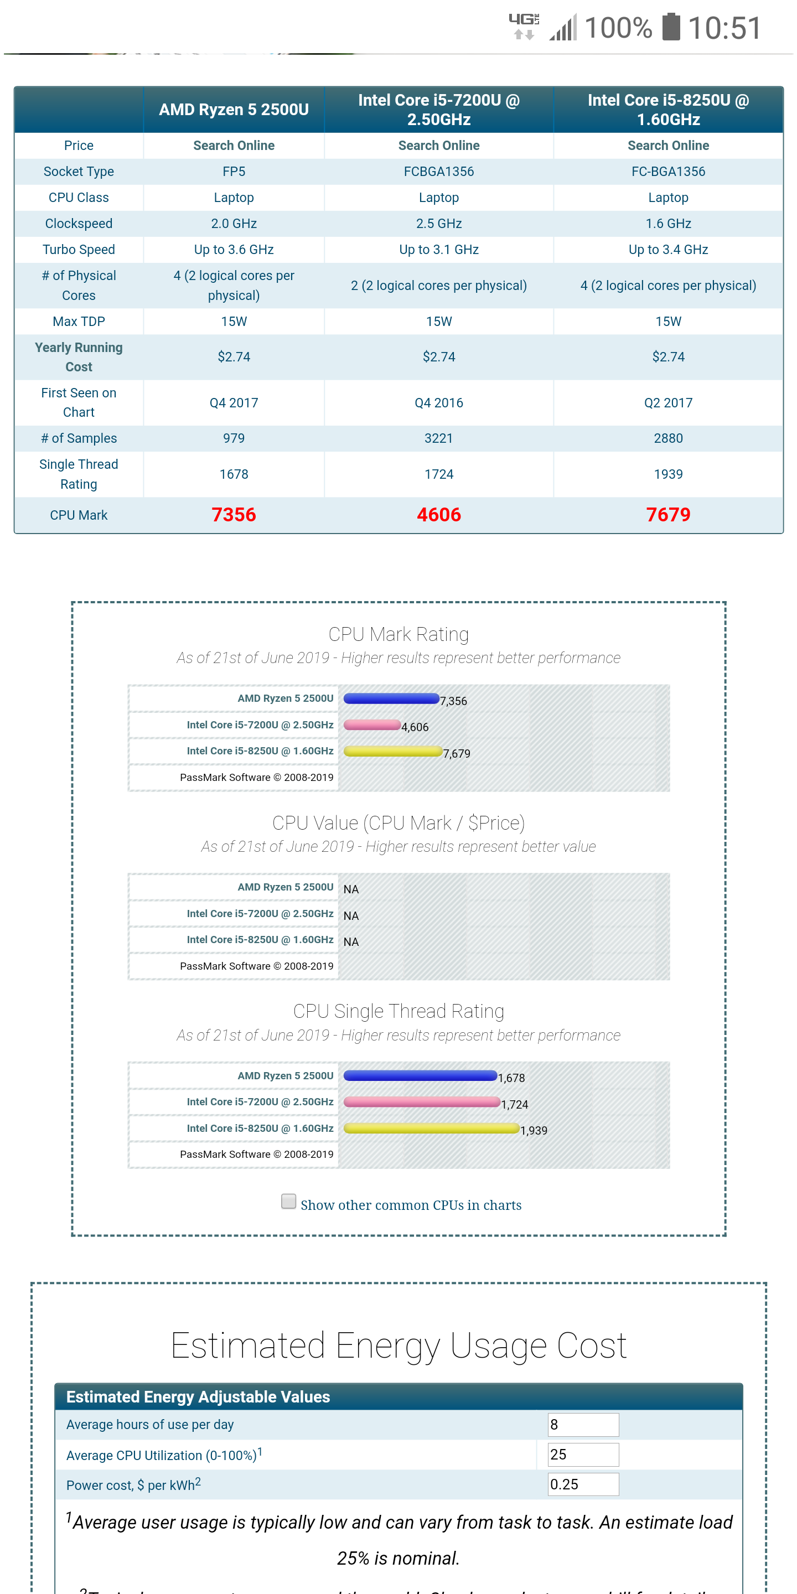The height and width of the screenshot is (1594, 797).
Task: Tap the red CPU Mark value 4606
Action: tap(438, 515)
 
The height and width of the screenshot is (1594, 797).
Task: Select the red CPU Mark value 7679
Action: tap(667, 515)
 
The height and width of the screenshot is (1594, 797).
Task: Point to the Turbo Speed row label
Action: tap(79, 250)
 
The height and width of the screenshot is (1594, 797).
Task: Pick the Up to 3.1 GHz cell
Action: tap(438, 250)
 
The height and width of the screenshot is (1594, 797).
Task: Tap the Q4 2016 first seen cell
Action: tap(438, 403)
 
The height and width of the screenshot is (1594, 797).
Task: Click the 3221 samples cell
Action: tap(438, 438)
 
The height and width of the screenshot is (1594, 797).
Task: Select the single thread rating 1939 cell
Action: tap(667, 474)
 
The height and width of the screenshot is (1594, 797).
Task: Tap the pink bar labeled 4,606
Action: tap(371, 724)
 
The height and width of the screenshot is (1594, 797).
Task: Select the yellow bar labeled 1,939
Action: tap(431, 1128)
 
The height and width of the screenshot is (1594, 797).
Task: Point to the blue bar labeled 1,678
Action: tap(420, 1075)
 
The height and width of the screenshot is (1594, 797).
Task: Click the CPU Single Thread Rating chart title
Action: tap(398, 1011)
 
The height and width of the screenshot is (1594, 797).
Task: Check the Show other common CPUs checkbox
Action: tap(288, 1201)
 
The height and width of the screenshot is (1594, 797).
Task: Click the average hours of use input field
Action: tap(583, 1425)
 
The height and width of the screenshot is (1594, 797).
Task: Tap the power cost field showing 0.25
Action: tap(583, 1484)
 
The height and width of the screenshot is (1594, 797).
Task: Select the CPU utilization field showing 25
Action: tap(583, 1454)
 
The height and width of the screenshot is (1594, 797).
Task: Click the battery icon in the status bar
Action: tap(671, 27)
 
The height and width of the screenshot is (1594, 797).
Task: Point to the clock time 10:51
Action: tap(724, 28)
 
